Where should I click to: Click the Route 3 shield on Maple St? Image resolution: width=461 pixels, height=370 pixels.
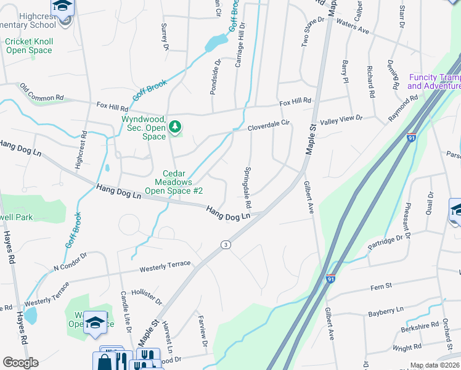point(226,245)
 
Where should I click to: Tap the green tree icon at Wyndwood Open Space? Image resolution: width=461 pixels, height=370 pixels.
point(176,126)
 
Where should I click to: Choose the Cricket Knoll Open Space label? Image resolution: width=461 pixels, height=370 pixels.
point(29,46)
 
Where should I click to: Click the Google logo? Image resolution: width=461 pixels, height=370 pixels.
point(20,363)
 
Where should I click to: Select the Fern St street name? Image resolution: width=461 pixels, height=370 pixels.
point(381,287)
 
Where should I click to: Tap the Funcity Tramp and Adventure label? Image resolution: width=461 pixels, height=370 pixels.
point(434,81)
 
